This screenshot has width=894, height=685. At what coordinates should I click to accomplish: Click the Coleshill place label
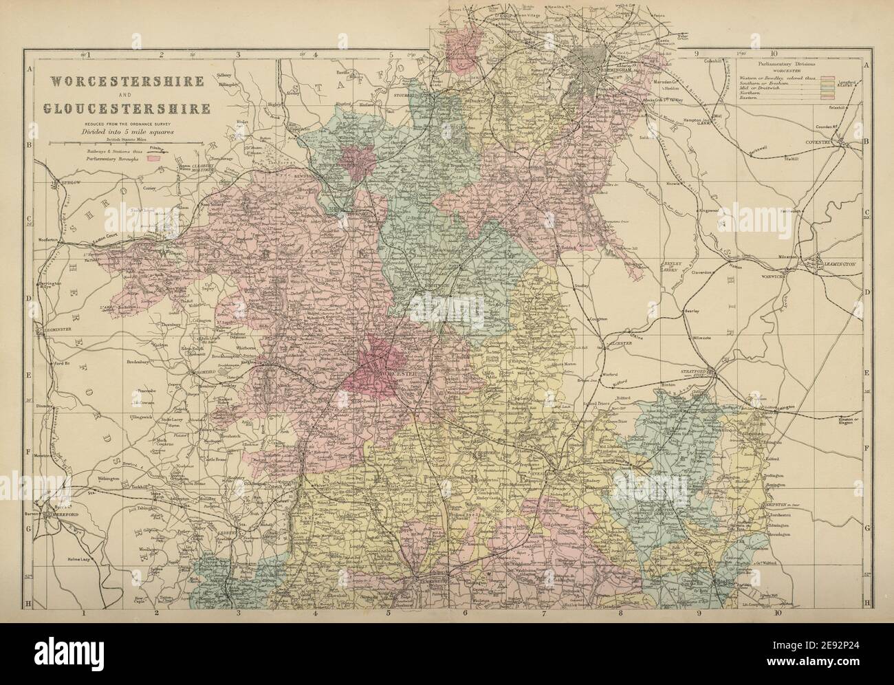click(713, 61)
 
